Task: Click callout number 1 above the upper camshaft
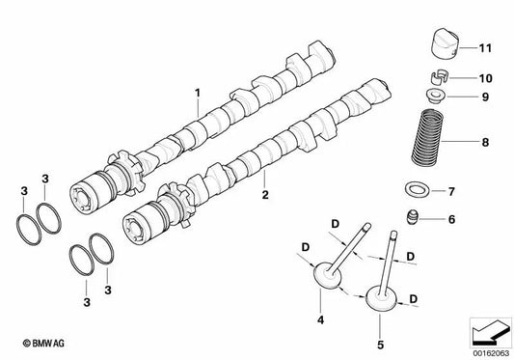pyautogui.click(x=197, y=93)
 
